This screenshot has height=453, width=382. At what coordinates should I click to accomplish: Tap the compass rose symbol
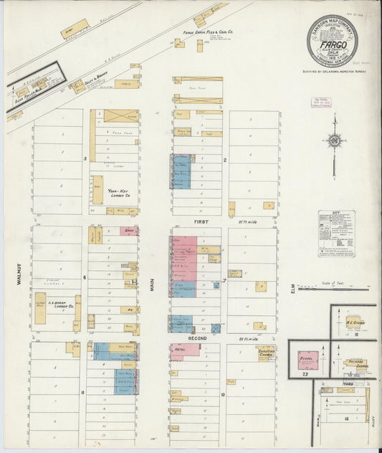pyautogui.click(x=333, y=140)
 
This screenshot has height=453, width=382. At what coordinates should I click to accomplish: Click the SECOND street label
pyautogui.click(x=197, y=337)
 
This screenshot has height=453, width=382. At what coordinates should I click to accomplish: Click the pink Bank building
pyautogui.click(x=128, y=231)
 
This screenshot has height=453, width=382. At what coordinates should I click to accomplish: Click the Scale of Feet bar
pyautogui.click(x=335, y=289)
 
